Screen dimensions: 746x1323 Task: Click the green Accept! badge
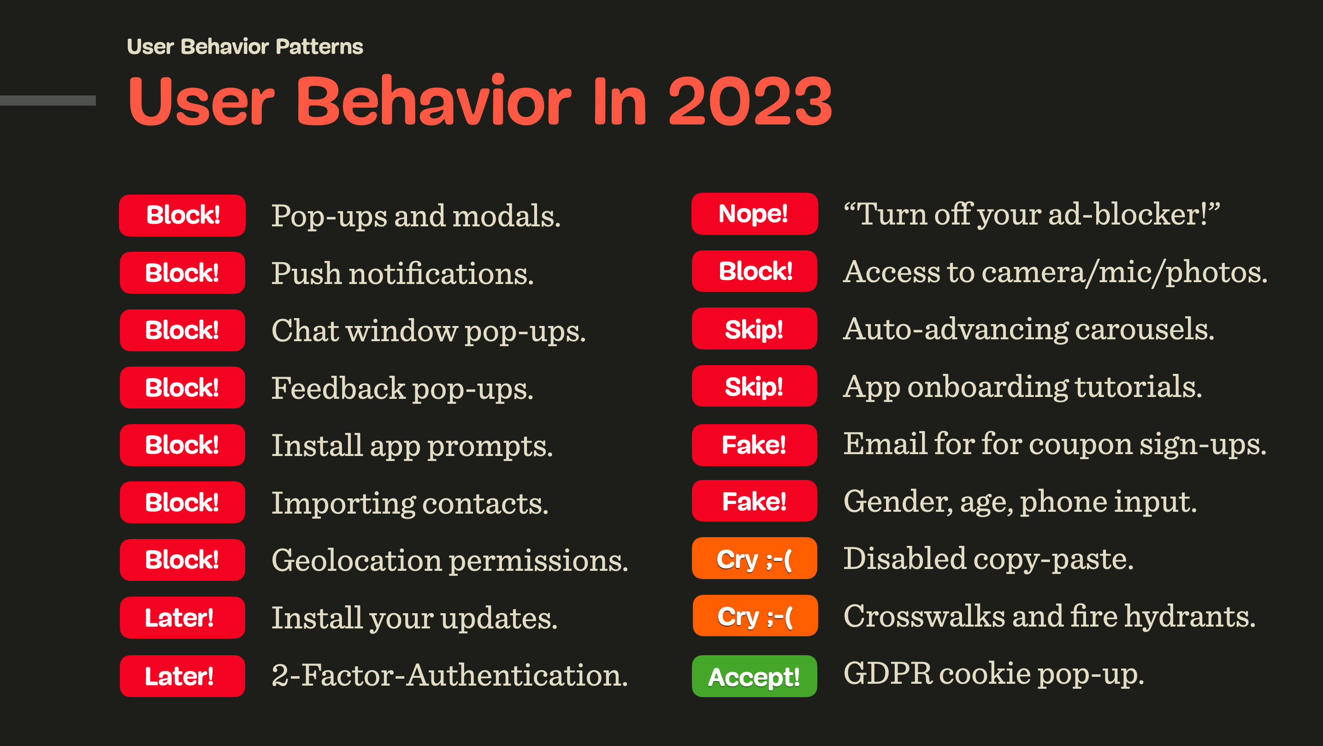(x=754, y=676)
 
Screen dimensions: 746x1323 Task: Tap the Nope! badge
(x=754, y=214)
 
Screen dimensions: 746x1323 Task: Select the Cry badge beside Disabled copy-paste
(x=754, y=558)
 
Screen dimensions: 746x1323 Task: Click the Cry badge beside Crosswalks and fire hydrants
(x=755, y=616)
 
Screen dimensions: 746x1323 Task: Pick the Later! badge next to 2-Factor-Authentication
(x=183, y=676)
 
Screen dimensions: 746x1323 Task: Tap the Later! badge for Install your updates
(x=183, y=617)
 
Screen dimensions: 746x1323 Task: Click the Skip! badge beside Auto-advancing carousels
(x=754, y=329)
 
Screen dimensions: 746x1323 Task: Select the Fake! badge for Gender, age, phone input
(x=754, y=501)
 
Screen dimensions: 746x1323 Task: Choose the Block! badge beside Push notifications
(x=183, y=273)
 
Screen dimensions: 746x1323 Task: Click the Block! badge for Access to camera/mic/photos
(x=754, y=271)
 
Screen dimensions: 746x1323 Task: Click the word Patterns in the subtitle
(x=319, y=47)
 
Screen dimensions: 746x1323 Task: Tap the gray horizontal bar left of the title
(x=48, y=100)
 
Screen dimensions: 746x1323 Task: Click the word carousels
(x=1145, y=329)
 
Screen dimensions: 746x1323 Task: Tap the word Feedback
(x=338, y=388)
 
